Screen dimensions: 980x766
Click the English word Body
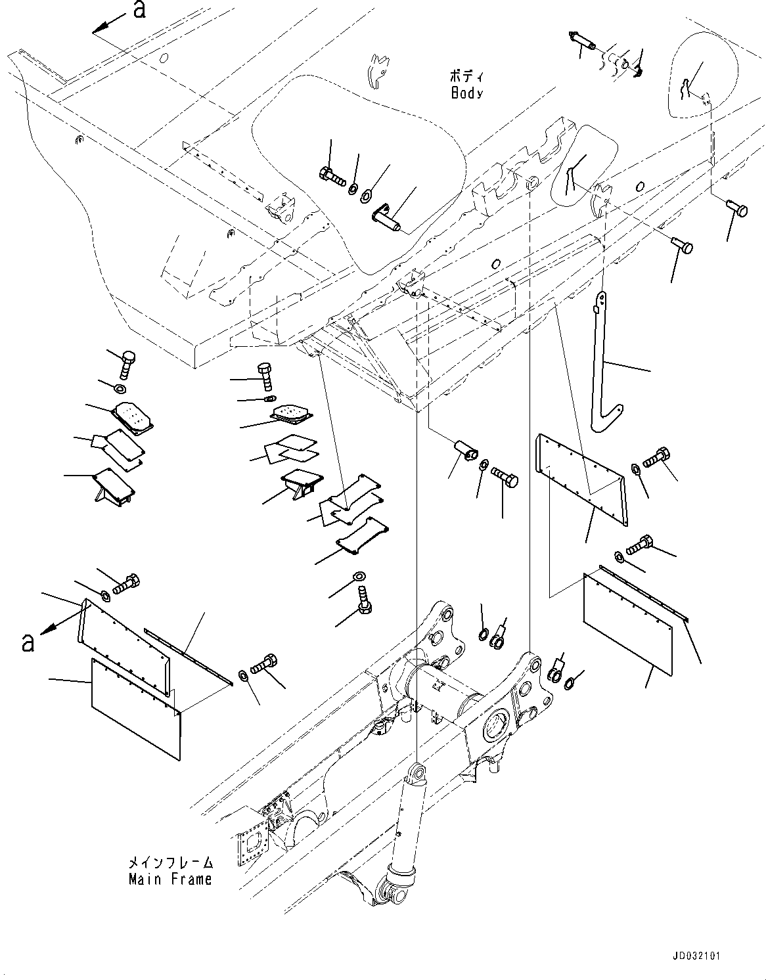[466, 93]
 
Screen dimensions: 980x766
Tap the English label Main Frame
[170, 879]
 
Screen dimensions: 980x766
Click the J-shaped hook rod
[604, 374]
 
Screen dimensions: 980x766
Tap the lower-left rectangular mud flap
[135, 709]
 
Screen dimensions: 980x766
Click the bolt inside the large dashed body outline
[332, 175]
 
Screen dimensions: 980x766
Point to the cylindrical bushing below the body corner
[463, 451]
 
